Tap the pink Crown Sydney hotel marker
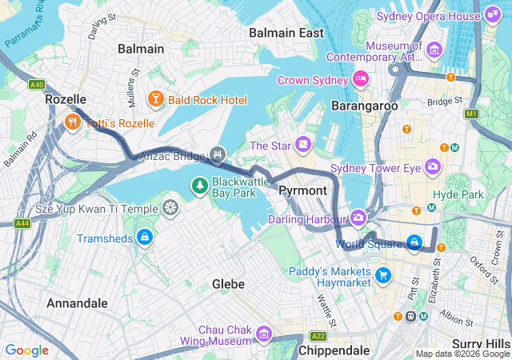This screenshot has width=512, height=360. click(361, 79)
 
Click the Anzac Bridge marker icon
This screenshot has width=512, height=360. click(217, 154)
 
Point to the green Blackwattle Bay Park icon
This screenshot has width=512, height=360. click(199, 186)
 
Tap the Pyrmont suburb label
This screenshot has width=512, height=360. click(302, 190)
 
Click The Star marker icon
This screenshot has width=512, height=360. click(303, 145)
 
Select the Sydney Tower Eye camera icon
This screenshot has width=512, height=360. click(433, 166)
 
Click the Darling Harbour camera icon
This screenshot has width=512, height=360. click(358, 217)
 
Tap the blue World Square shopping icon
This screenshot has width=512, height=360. click(414, 242)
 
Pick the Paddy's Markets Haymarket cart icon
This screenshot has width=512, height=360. click(383, 276)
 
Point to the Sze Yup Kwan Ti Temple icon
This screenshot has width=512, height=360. click(170, 209)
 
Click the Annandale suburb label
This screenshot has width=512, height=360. click(77, 303)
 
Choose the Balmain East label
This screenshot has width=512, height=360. click(286, 33)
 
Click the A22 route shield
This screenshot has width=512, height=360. click(318, 336)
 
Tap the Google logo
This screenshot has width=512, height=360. click(26, 350)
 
